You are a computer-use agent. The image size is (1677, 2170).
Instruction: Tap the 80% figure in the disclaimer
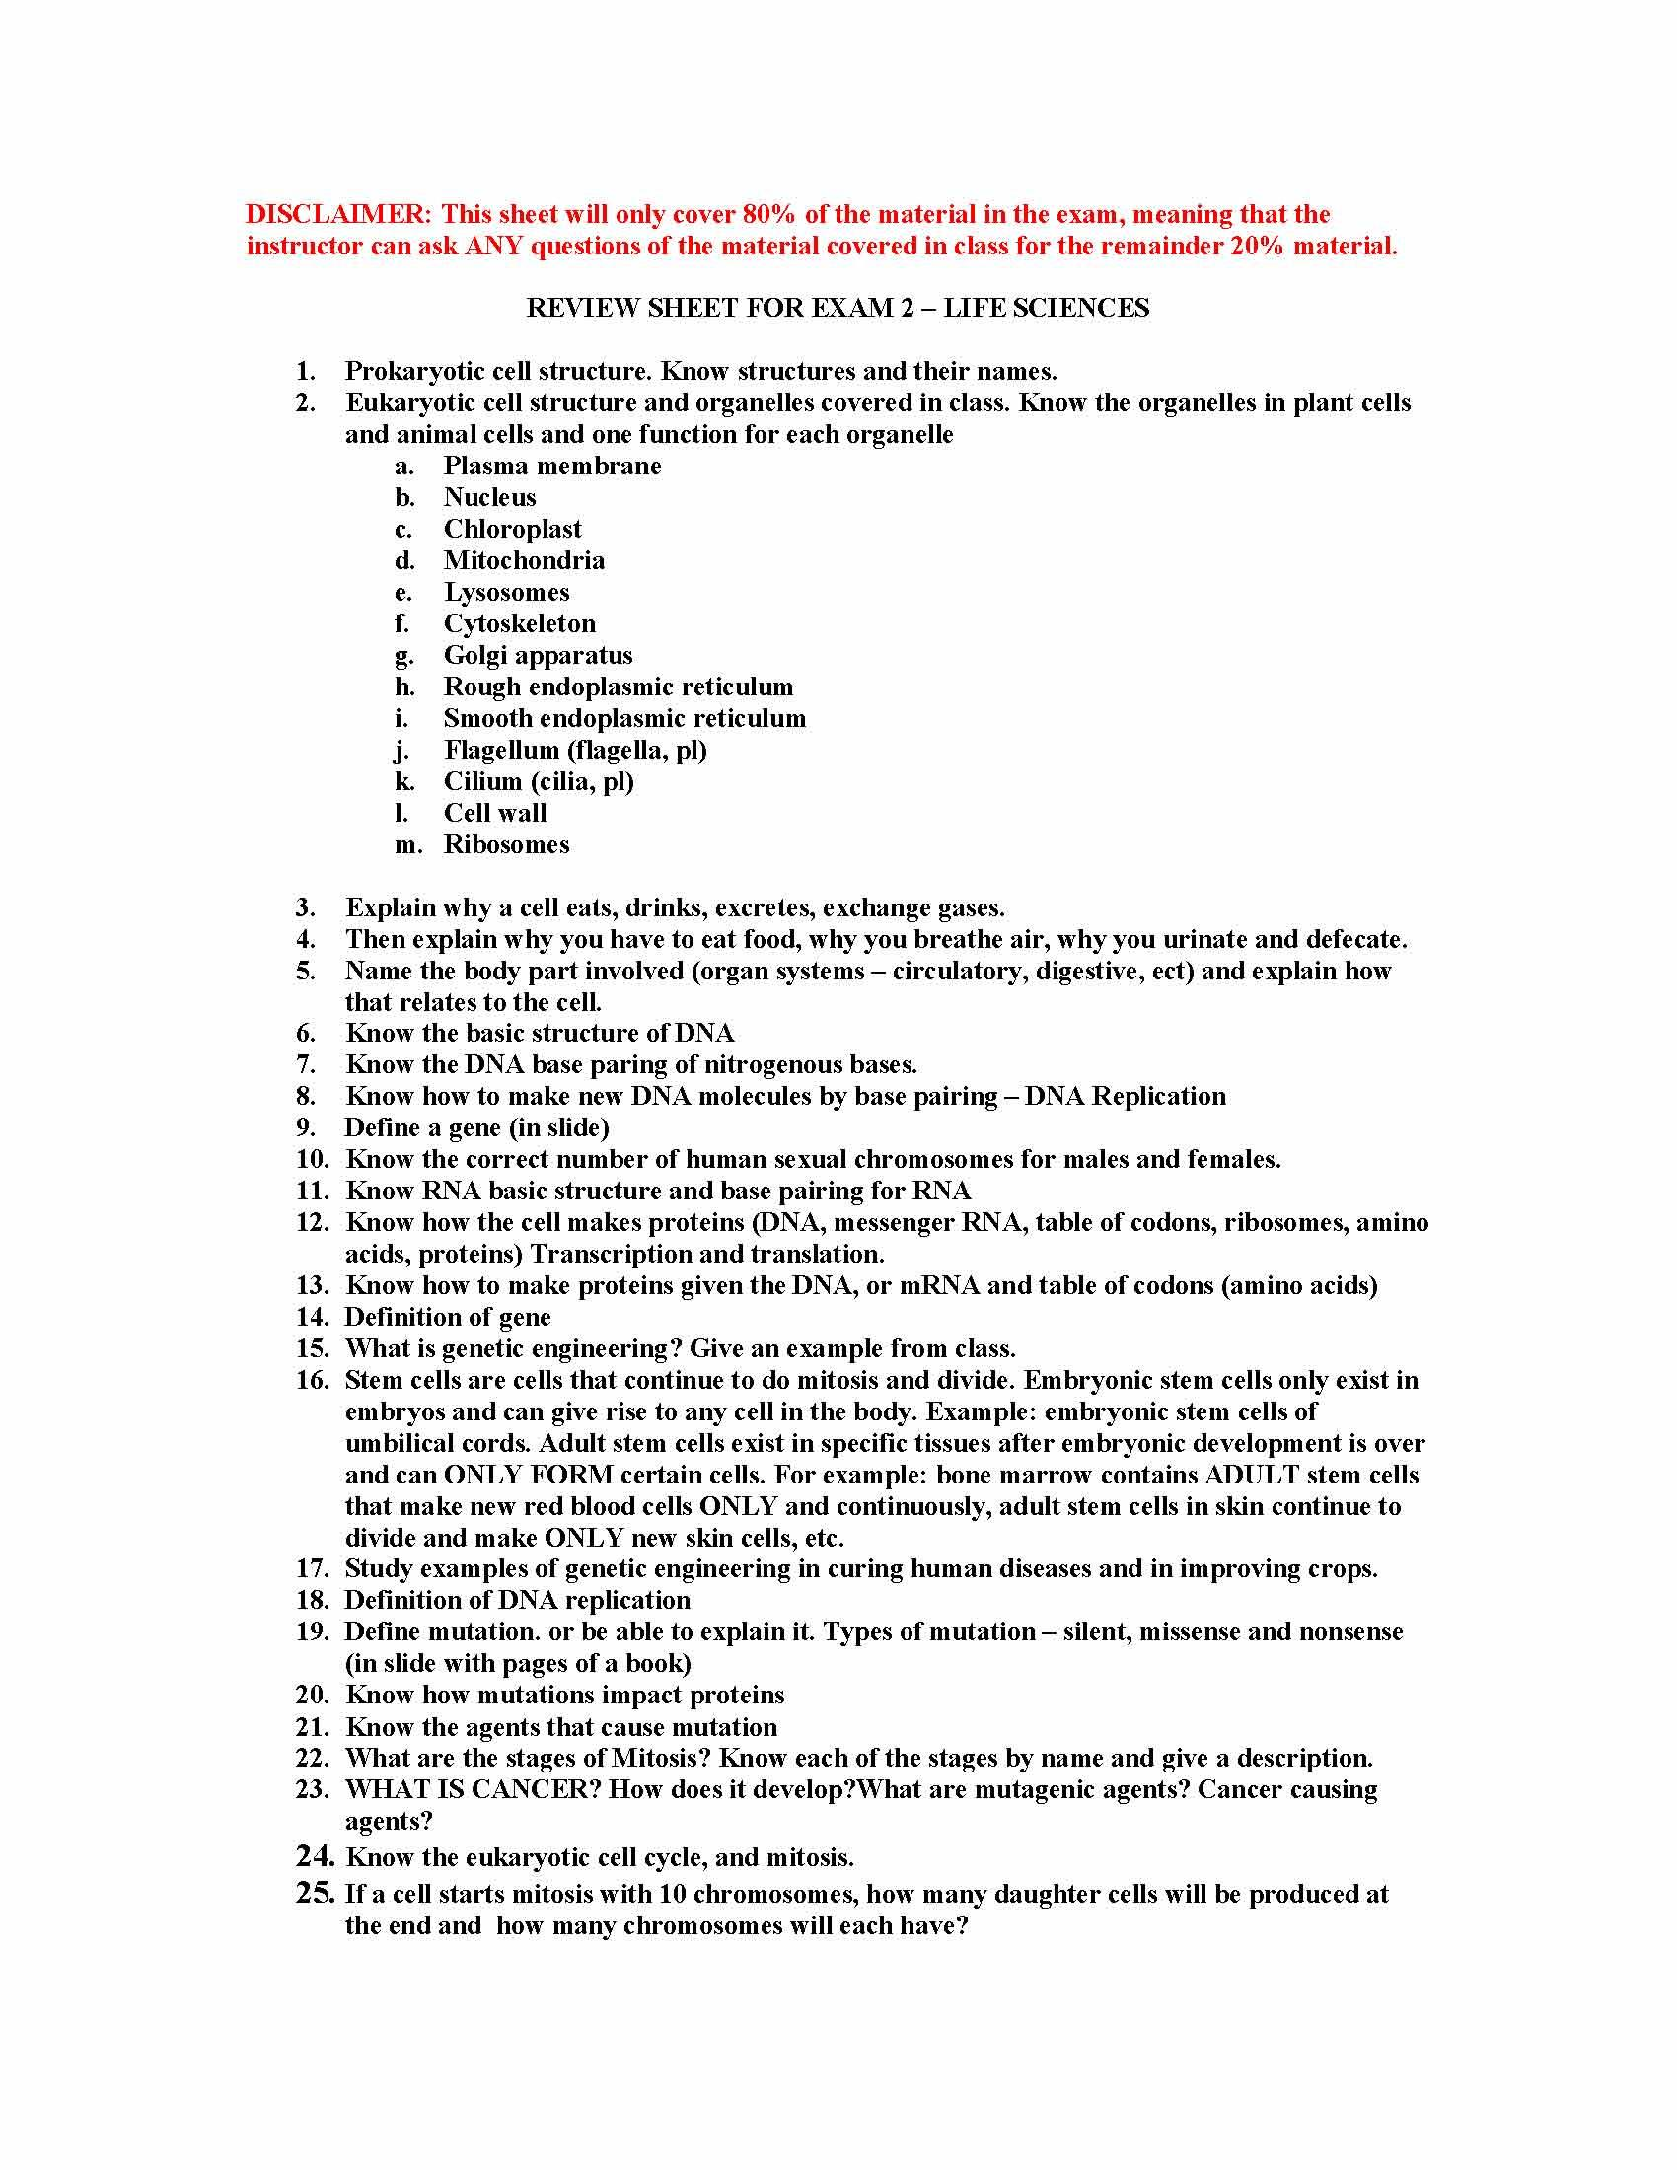pyautogui.click(x=770, y=215)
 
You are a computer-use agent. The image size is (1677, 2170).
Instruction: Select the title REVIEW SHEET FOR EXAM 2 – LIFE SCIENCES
pyautogui.click(x=838, y=308)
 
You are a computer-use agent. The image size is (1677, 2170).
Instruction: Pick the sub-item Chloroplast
pyautogui.click(x=513, y=530)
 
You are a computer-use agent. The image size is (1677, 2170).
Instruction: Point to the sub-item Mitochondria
pyautogui.click(x=524, y=561)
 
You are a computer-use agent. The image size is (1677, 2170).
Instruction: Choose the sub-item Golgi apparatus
pyautogui.click(x=538, y=656)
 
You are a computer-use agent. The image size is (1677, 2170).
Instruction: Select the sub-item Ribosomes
pyautogui.click(x=507, y=845)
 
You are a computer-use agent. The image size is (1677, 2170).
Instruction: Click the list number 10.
pyautogui.click(x=312, y=1160)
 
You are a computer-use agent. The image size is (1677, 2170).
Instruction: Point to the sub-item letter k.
pyautogui.click(x=404, y=782)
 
